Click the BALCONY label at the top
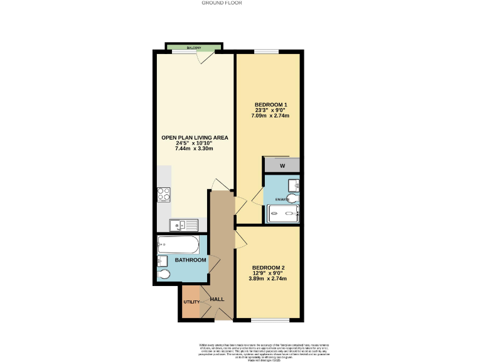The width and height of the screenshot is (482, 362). [x=193, y=48]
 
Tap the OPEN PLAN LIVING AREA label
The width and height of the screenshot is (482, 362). [x=195, y=137]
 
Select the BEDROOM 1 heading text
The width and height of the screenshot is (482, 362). [x=271, y=104]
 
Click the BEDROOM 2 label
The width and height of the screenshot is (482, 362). [x=269, y=267]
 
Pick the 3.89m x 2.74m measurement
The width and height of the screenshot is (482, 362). [x=269, y=279]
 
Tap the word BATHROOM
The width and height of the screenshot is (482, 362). [x=191, y=260]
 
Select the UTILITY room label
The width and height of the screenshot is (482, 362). [x=191, y=302]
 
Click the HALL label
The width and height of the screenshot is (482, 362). [x=217, y=299]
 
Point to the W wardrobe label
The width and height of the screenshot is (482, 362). [x=282, y=167]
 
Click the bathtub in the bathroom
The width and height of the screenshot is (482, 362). [x=178, y=243]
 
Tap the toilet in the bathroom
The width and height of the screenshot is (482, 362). [x=164, y=275]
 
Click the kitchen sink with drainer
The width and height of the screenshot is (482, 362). [x=183, y=223]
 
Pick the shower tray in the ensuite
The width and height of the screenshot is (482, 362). [x=284, y=214]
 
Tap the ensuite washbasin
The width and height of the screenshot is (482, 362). [x=294, y=184]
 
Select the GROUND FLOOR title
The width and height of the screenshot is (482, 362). [x=222, y=3]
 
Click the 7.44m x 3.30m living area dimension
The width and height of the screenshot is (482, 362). [x=195, y=149]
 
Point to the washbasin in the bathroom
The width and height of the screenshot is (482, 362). [x=162, y=260]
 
